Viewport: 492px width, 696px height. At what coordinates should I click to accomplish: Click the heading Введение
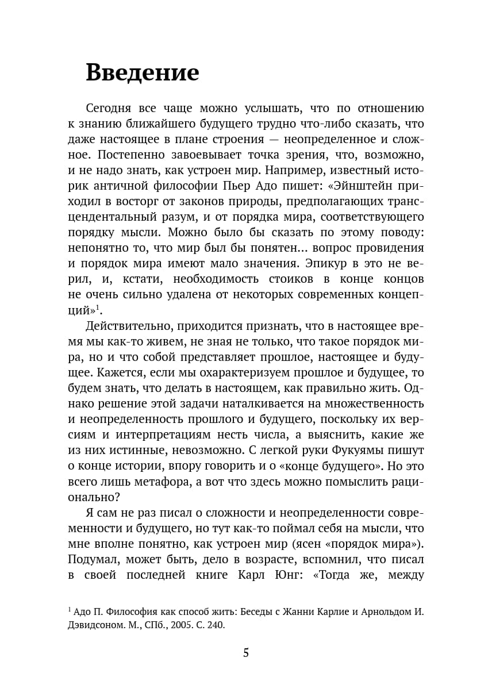142,73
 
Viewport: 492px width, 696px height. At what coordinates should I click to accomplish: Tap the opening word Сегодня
109,108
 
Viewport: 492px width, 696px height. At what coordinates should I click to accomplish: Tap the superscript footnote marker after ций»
98,307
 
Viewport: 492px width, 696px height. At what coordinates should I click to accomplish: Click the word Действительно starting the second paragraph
129,325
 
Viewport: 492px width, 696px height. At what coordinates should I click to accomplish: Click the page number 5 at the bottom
246,652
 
